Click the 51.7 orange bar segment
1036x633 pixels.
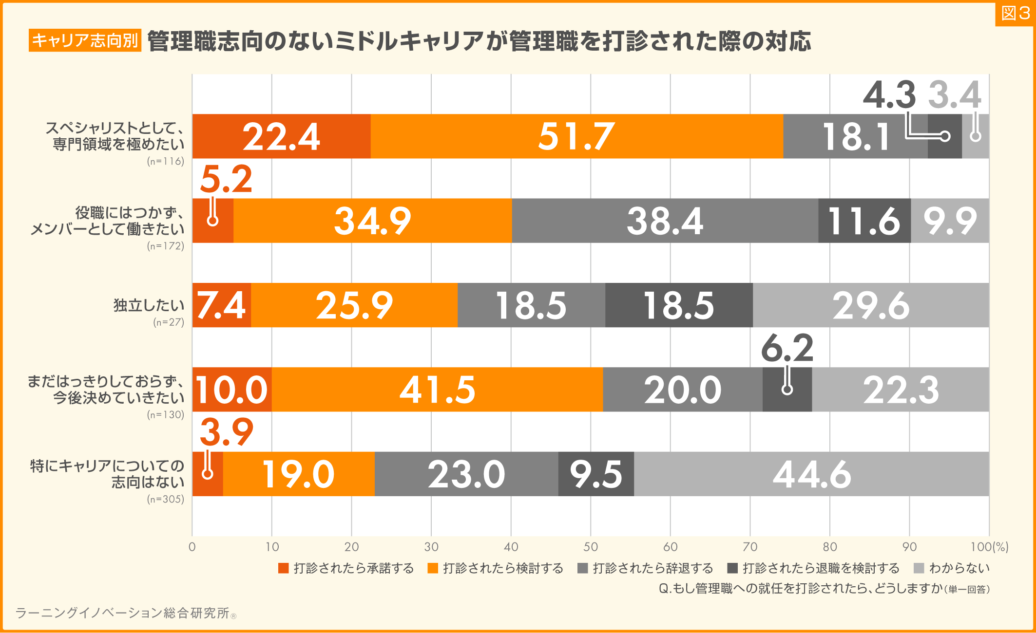tap(576, 136)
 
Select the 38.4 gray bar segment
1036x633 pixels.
tap(665, 221)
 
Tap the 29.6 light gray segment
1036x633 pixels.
tap(871, 305)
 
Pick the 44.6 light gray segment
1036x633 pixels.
tap(811, 474)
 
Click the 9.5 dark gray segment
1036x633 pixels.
tap(596, 474)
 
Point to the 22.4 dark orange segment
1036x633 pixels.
tap(281, 136)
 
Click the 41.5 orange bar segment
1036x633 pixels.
tap(437, 390)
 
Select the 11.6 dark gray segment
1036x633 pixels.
tap(864, 221)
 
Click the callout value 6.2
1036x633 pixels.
tap(787, 348)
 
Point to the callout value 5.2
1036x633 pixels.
tap(226, 179)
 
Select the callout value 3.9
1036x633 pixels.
tap(226, 432)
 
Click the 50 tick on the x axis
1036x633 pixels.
tap(591, 547)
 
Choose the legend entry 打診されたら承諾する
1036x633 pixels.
tap(346, 568)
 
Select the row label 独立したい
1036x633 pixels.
tap(149, 305)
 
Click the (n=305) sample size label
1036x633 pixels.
tap(166, 499)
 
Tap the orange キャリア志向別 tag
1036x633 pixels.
tap(85, 40)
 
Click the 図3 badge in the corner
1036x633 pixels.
tap(1015, 14)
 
